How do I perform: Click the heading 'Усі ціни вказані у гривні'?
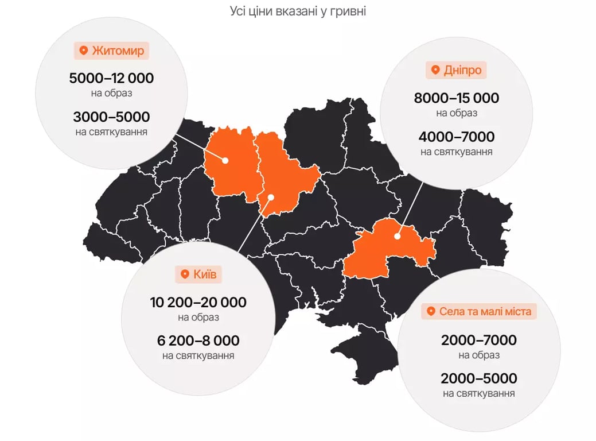pos(298,11)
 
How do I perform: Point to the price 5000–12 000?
pos(111,78)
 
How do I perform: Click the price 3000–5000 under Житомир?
pos(111,117)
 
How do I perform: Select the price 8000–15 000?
pos(457,98)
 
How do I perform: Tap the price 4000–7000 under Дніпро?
pos(457,137)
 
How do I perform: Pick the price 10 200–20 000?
pos(198,302)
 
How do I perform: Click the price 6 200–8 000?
pos(198,341)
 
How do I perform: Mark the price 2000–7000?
pos(479,340)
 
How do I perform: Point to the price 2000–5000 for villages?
pos(479,379)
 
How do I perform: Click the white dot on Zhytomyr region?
pos(226,161)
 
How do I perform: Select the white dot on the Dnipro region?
pos(397,236)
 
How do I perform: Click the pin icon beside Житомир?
pos(83,51)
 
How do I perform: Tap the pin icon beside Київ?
pos(184,274)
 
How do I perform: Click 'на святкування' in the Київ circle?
pos(198,356)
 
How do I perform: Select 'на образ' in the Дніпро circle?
pos(457,113)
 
